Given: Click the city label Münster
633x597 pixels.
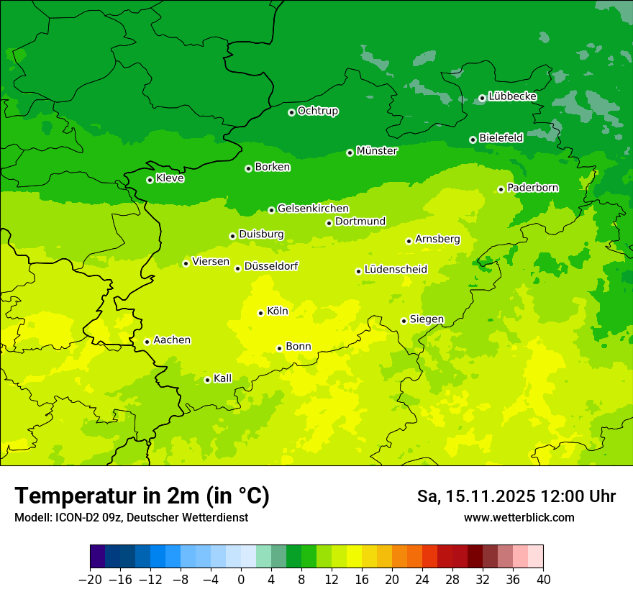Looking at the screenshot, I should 377,151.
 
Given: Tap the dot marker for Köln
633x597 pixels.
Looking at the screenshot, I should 260,313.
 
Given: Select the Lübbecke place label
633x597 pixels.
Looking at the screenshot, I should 512,96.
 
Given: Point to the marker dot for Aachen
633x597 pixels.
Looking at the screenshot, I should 147,342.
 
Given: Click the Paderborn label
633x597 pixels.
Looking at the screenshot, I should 532,188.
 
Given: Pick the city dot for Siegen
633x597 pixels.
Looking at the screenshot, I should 404,321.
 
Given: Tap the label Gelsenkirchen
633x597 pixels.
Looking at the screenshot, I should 313,209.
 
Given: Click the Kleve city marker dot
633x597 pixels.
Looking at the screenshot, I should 150,180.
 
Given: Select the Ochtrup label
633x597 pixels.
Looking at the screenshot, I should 318,111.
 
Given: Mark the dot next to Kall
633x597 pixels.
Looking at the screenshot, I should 207,380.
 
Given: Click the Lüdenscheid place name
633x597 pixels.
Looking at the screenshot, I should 396,270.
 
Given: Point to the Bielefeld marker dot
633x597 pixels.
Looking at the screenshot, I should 473,140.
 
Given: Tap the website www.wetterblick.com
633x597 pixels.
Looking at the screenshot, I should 519,517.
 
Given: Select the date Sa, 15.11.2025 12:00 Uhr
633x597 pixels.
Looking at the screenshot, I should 516,496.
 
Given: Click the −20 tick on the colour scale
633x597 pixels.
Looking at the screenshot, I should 91,580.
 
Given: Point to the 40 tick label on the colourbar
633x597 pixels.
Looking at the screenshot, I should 543,580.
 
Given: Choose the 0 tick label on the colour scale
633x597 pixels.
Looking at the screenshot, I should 241,580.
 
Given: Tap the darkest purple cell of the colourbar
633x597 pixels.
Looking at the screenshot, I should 98,557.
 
